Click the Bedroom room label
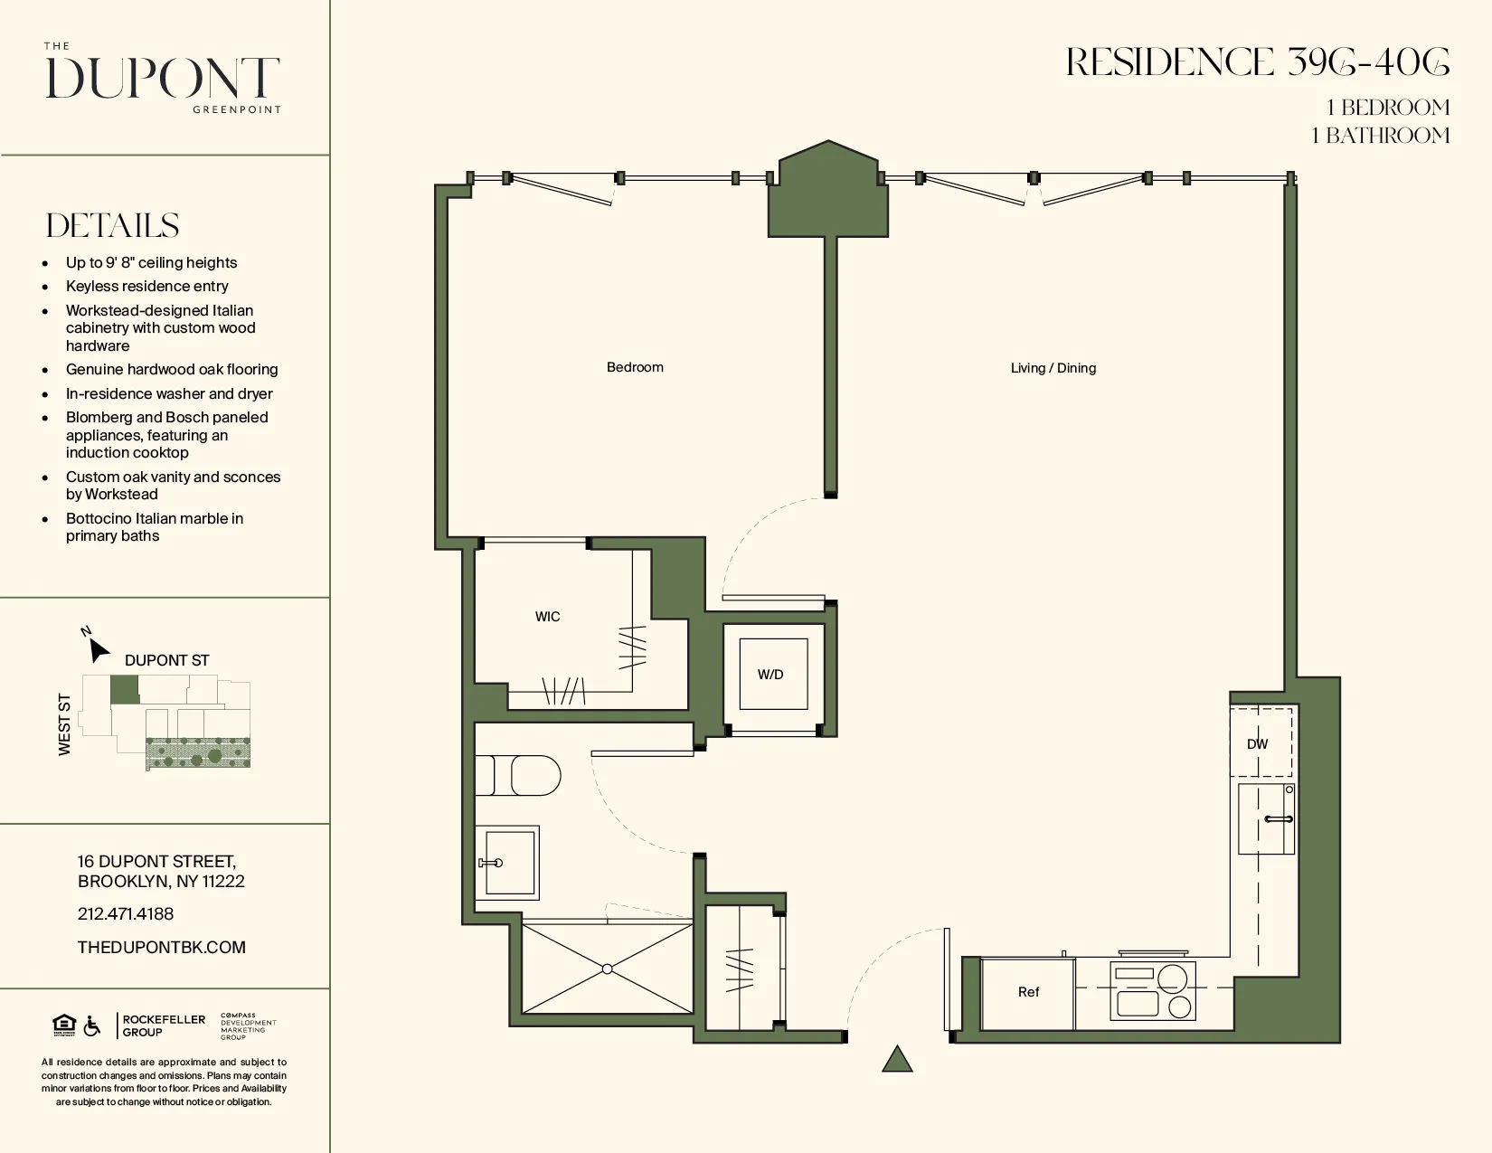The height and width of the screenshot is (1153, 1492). pyautogui.click(x=635, y=367)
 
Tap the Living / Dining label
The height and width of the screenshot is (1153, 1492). pyautogui.click(x=1053, y=368)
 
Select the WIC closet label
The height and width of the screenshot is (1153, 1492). pyautogui.click(x=547, y=617)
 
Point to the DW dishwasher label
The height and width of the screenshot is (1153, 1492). pyautogui.click(x=1257, y=744)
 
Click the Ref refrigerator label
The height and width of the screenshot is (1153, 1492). pyautogui.click(x=1028, y=992)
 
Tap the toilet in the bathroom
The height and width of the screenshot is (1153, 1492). pyautogui.click(x=529, y=776)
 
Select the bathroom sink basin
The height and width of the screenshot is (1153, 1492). pyautogui.click(x=510, y=862)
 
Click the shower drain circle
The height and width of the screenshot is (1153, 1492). pyautogui.click(x=608, y=969)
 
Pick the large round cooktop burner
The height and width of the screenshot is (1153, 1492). pyautogui.click(x=1172, y=979)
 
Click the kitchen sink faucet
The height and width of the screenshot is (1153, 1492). pyautogui.click(x=1279, y=819)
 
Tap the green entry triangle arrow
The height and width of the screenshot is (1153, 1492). pyautogui.click(x=897, y=1060)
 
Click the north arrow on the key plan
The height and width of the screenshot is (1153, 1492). pyautogui.click(x=98, y=649)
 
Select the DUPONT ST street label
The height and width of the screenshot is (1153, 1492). pyautogui.click(x=166, y=660)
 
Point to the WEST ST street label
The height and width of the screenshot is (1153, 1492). pyautogui.click(x=64, y=724)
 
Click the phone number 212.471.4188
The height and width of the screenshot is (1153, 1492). pyautogui.click(x=126, y=913)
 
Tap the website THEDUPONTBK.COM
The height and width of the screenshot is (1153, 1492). pyautogui.click(x=162, y=947)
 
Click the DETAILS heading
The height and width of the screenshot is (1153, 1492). pyautogui.click(x=113, y=225)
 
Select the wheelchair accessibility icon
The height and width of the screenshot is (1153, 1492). pyautogui.click(x=92, y=1026)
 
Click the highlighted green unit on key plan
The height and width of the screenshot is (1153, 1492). pyautogui.click(x=124, y=690)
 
